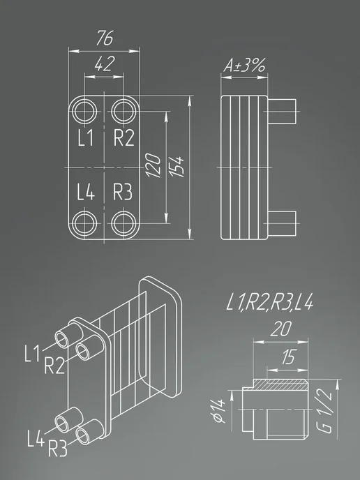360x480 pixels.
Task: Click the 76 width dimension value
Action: click(105, 38)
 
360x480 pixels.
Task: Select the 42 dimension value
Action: click(105, 63)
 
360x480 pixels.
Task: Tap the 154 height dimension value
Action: click(177, 167)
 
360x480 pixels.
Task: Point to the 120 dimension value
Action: click(153, 165)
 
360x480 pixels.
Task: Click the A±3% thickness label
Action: click(244, 65)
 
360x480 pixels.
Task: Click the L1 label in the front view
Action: click(85, 137)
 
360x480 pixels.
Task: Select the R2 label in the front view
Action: click(123, 137)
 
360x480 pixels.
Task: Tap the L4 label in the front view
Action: click(86, 192)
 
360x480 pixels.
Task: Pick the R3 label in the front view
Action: click(123, 192)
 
